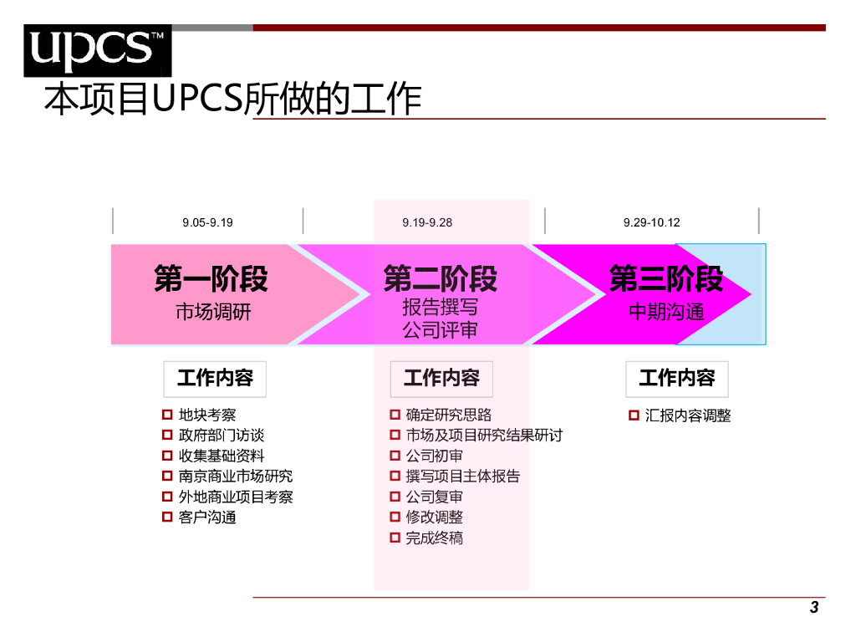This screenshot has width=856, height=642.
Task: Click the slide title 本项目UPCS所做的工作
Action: point(232,99)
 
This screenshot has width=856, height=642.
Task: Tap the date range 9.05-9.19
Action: point(207,222)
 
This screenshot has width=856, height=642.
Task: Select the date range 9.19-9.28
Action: point(427,222)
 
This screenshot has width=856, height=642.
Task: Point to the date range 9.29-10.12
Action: point(652,222)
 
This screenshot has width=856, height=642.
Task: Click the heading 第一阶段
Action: point(211,279)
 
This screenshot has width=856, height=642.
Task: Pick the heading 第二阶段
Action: point(441,279)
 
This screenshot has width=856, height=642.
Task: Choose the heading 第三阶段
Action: point(666,279)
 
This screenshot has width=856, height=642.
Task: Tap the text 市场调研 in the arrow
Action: point(213,313)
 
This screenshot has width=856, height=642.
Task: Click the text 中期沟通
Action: point(666,313)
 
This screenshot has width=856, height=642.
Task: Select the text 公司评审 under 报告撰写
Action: point(441,330)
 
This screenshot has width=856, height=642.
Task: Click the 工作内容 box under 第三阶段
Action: point(676,379)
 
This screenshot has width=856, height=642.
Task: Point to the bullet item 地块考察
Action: point(207,415)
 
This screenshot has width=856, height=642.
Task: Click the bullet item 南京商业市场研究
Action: point(236,476)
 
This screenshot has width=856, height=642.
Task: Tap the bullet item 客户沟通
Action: point(207,517)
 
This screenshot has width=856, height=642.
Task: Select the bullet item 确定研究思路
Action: point(448,415)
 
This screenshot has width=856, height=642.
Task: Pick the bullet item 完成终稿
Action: point(434,538)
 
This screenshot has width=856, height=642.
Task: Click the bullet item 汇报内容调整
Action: point(688,415)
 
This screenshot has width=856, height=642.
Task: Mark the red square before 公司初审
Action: point(395,456)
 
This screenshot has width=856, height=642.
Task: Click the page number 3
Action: point(814,608)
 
